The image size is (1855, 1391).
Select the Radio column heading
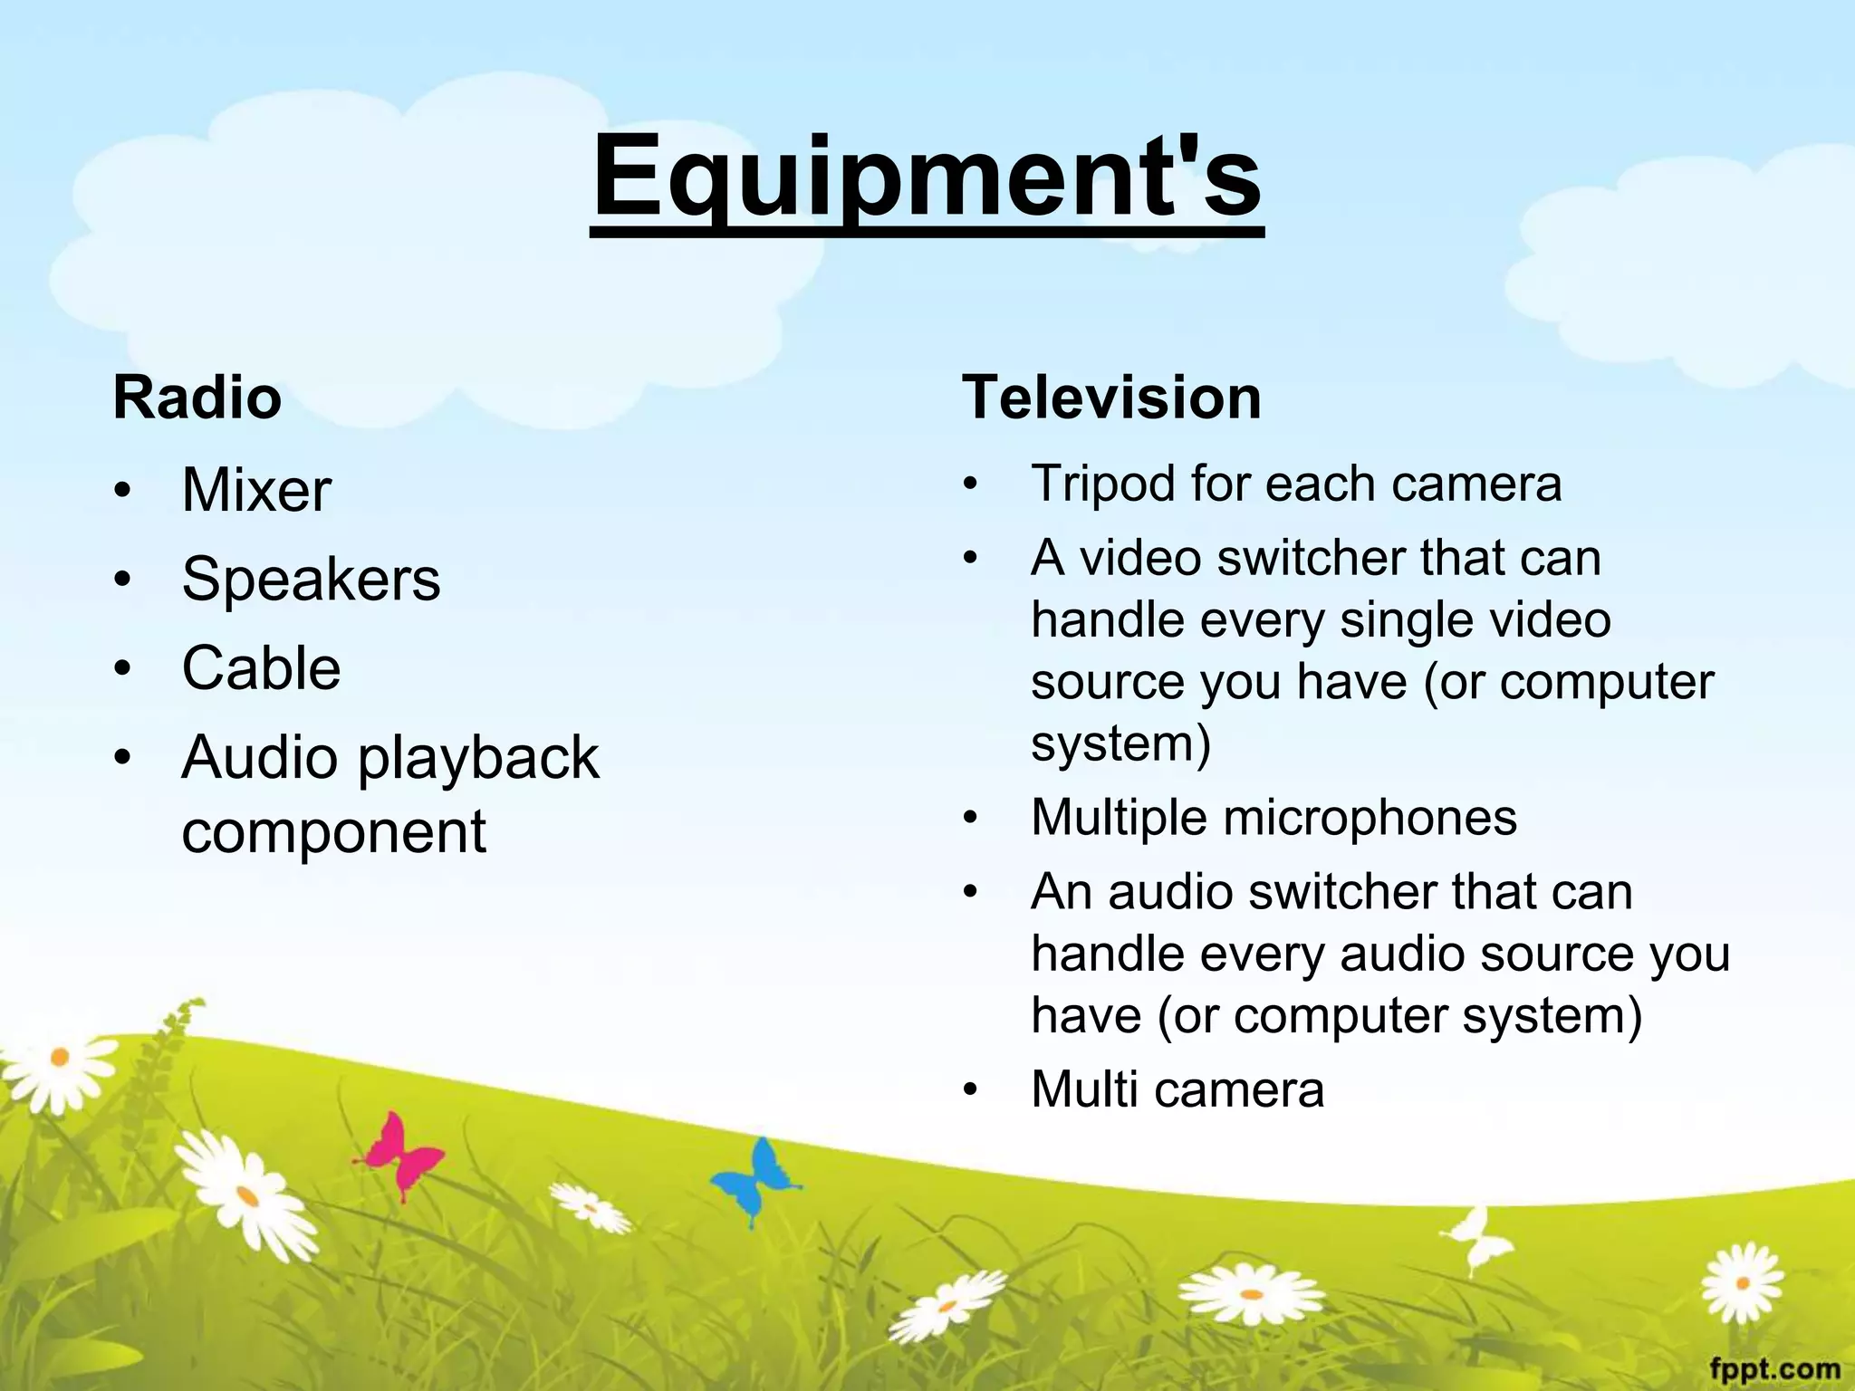coord(197,398)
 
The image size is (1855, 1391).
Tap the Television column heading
coord(1111,398)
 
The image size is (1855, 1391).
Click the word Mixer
coord(256,490)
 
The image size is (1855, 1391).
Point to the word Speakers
coord(311,579)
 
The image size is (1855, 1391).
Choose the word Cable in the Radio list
coord(261,668)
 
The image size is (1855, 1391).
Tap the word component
coord(333,831)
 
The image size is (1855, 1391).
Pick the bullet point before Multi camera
coord(971,1090)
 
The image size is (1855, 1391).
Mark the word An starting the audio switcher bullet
coord(1061,892)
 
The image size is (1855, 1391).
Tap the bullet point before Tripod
coord(971,484)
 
